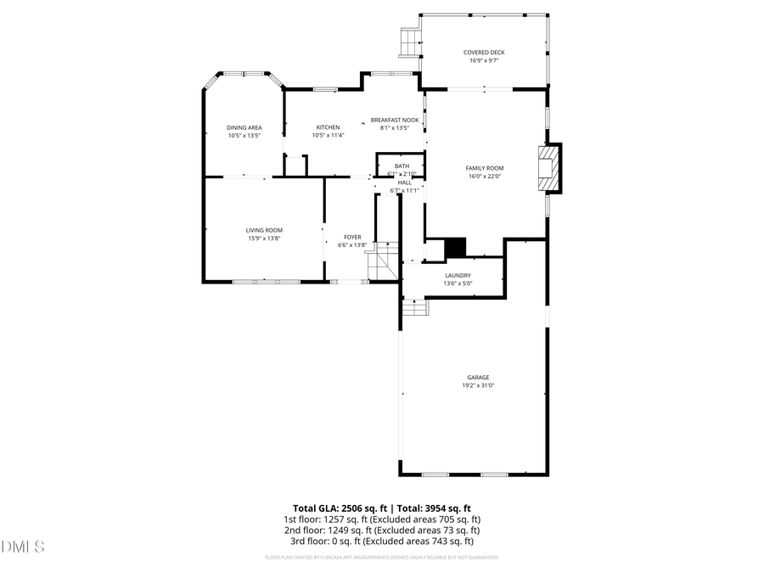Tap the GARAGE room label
pyautogui.click(x=478, y=378)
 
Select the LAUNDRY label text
pyautogui.click(x=458, y=276)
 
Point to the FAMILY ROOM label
pyautogui.click(x=485, y=168)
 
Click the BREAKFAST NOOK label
pyautogui.click(x=395, y=121)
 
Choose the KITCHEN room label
pyautogui.click(x=328, y=127)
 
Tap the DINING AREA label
pyautogui.click(x=244, y=127)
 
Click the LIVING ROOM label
pyautogui.click(x=264, y=230)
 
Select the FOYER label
pyautogui.click(x=352, y=237)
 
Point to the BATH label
pyautogui.click(x=402, y=166)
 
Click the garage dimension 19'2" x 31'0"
pyautogui.click(x=478, y=385)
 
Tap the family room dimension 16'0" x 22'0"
pyautogui.click(x=485, y=177)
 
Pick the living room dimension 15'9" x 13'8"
pyautogui.click(x=264, y=239)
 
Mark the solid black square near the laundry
pyautogui.click(x=456, y=246)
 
